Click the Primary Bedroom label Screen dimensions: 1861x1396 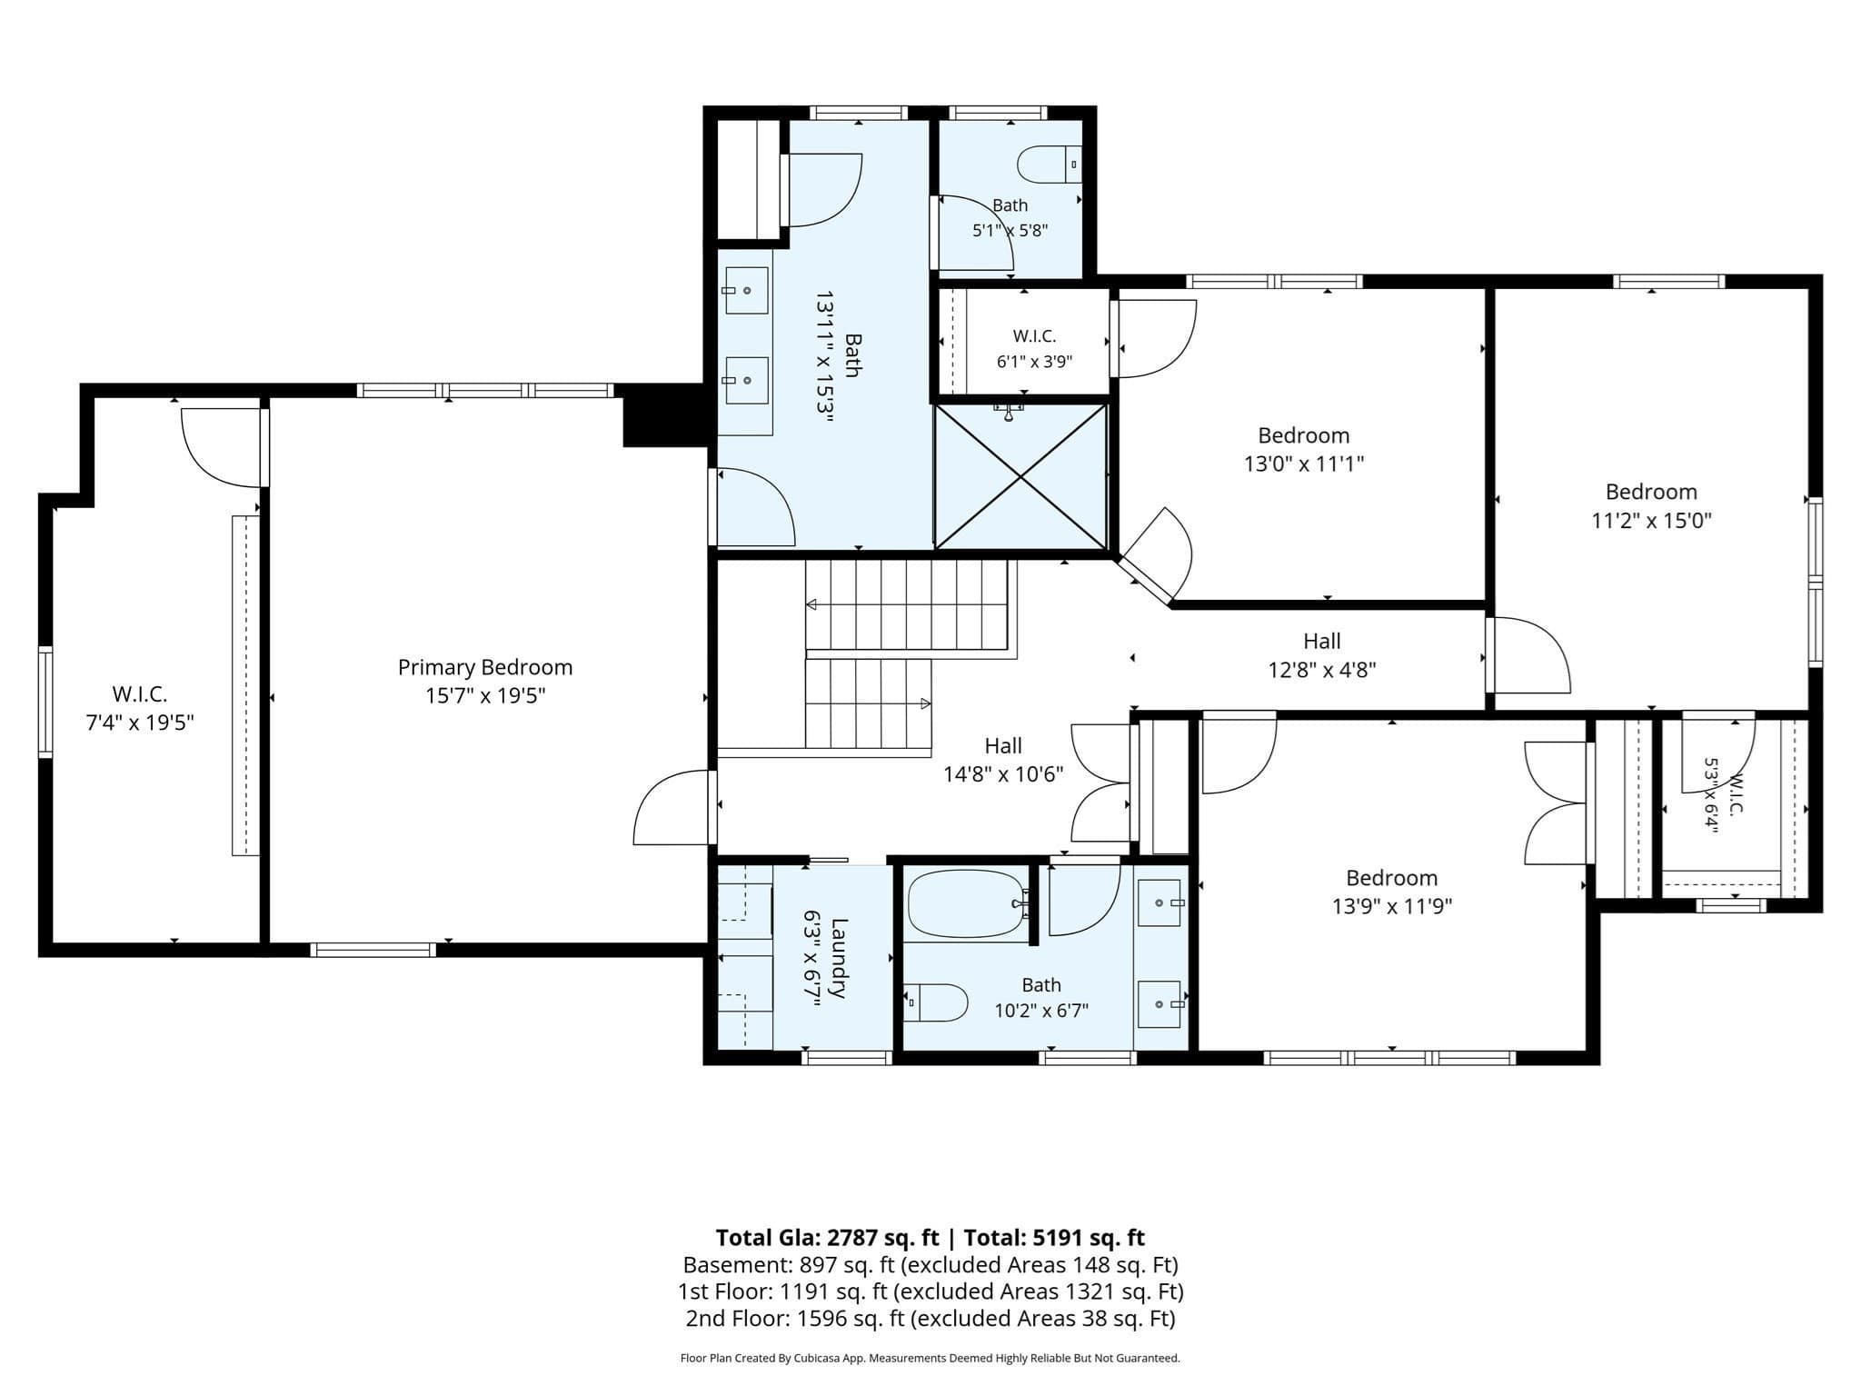485,667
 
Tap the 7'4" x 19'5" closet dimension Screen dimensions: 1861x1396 140,723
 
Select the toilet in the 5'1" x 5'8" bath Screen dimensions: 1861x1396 1050,165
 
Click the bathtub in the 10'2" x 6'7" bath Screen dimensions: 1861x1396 969,903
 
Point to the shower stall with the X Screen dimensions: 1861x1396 1021,476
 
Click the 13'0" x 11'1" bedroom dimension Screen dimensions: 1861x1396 1304,464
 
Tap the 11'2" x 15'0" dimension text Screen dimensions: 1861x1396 1651,520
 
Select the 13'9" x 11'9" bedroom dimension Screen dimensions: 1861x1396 1392,906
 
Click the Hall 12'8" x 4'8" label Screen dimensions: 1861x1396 1322,655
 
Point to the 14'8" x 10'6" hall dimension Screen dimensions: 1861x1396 1003,774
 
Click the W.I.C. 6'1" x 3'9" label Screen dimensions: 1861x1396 1034,349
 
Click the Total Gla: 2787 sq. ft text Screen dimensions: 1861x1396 827,1238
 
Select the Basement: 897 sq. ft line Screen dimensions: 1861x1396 930,1265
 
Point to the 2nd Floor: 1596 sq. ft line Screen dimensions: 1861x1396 930,1318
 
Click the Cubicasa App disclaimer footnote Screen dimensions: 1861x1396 930,1358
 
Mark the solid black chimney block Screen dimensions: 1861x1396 664,415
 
